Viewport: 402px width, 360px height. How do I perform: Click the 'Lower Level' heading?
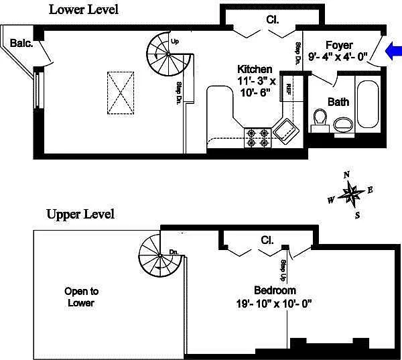coord(84,9)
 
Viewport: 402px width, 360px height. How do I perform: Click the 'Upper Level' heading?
coord(80,215)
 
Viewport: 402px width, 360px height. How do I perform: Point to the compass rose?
coord(351,195)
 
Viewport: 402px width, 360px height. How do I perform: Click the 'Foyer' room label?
coord(339,46)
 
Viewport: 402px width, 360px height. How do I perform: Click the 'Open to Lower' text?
coord(81,297)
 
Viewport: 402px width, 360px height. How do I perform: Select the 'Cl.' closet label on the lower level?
coord(273,19)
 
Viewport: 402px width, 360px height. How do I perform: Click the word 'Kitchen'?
coord(255,69)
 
